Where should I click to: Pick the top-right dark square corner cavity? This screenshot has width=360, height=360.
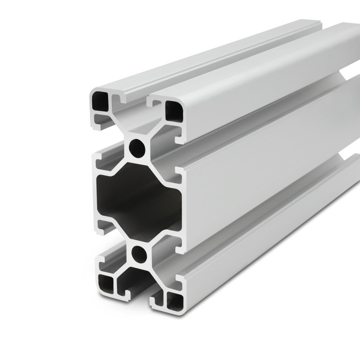173,109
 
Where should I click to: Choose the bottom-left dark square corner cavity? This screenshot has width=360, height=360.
107,283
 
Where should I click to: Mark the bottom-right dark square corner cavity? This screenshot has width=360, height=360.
174,299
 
